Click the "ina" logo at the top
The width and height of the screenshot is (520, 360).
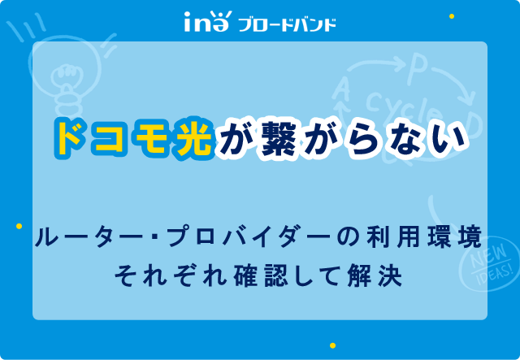(206, 22)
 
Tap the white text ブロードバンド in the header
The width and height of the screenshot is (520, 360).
(287, 25)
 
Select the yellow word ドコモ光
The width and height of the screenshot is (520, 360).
(133, 138)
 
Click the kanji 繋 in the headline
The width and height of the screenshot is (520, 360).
(278, 139)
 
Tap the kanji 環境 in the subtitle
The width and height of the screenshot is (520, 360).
(454, 236)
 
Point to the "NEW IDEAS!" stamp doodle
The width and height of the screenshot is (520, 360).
(489, 264)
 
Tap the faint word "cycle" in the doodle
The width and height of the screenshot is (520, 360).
(405, 107)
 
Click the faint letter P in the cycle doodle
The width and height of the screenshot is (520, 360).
(417, 70)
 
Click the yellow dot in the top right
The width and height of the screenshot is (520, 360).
(452, 16)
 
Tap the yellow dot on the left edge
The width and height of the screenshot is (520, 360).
(19, 226)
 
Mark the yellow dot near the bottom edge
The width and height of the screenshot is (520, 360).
(332, 345)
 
